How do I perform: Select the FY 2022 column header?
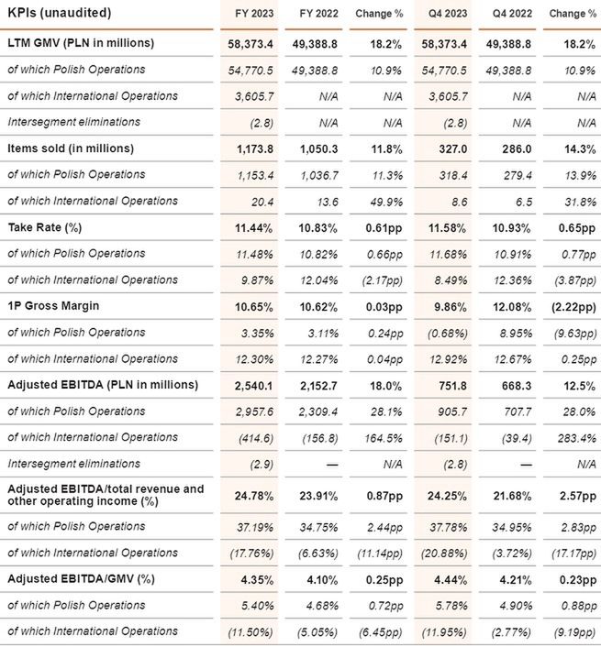[x=318, y=13]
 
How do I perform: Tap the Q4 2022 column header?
[x=499, y=13]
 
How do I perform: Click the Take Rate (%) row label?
[x=49, y=226]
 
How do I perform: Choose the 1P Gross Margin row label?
[x=54, y=306]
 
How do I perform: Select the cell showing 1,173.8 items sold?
[x=250, y=148]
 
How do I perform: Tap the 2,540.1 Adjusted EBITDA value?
[x=250, y=385]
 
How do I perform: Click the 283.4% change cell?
[x=569, y=438]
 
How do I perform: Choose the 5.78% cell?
[x=449, y=604]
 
